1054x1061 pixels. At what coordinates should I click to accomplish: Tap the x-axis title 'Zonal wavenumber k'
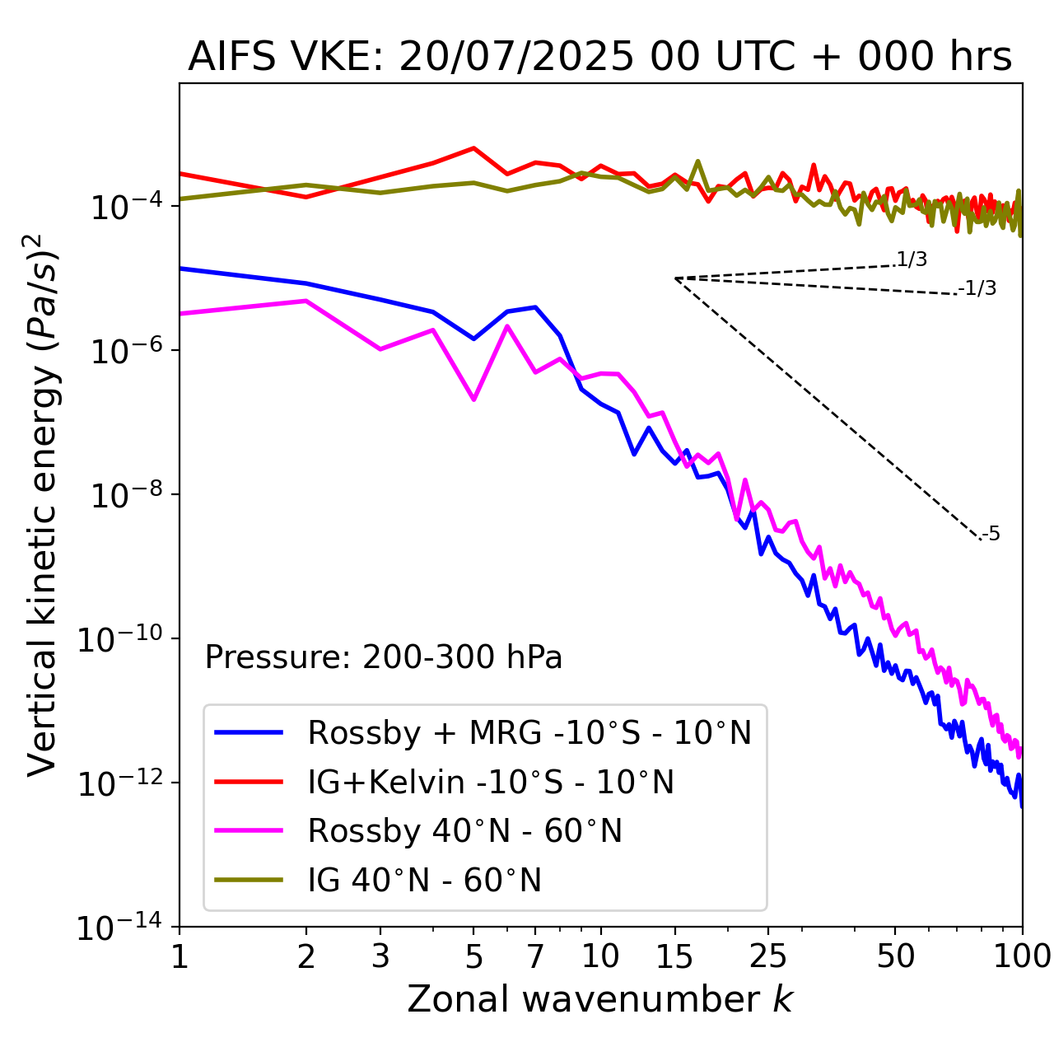[599, 998]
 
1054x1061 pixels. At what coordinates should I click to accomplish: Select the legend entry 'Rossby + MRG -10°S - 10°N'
[529, 732]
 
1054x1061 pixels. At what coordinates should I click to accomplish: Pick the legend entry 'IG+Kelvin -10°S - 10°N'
[491, 782]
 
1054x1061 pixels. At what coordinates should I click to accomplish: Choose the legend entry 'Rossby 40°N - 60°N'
[464, 831]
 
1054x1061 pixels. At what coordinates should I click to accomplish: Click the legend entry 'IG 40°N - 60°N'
[424, 881]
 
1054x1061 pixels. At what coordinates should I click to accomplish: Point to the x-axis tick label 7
[535, 956]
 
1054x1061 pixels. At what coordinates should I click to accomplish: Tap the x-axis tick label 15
[675, 956]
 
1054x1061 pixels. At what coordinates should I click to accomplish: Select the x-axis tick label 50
[895, 956]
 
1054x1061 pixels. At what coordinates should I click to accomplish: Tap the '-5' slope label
[991, 534]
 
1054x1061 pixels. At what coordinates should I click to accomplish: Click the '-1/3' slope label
[978, 288]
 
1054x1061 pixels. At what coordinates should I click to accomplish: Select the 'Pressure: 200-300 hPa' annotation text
[383, 657]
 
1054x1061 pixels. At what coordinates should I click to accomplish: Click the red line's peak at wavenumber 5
[473, 148]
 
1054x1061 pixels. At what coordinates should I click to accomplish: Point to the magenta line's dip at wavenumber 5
[473, 400]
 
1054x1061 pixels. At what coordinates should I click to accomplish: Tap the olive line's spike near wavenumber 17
[697, 161]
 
